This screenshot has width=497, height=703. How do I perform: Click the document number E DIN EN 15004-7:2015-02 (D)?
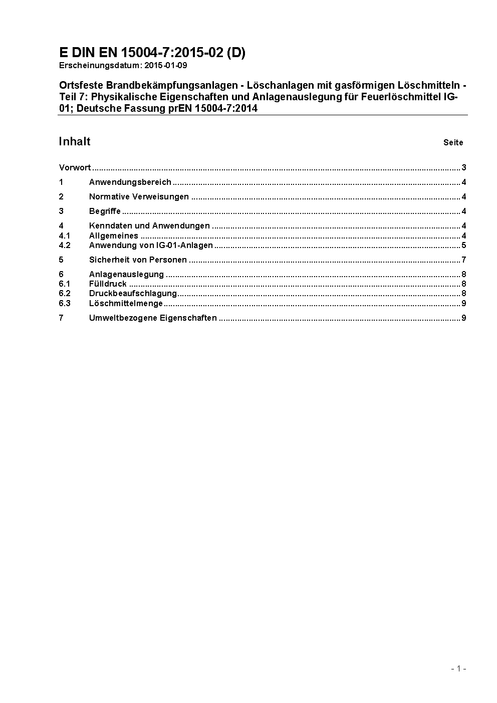(x=152, y=53)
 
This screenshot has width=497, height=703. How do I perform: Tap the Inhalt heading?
(x=75, y=141)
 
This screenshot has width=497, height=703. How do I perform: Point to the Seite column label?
(x=453, y=143)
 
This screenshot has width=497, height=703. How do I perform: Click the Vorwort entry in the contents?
(x=75, y=167)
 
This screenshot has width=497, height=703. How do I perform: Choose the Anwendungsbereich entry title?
(x=130, y=182)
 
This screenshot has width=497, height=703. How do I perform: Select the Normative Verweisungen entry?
(x=139, y=196)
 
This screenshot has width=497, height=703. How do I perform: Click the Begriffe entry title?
(x=105, y=211)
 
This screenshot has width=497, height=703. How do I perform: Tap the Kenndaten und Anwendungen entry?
(x=149, y=225)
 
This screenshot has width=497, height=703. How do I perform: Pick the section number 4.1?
(x=65, y=236)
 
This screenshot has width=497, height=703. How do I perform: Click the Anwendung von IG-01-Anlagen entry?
(x=151, y=245)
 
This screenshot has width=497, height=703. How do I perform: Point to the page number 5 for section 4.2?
(x=464, y=245)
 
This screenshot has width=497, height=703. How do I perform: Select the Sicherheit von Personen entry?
(x=138, y=260)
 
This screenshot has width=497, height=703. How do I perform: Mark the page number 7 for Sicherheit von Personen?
(x=464, y=260)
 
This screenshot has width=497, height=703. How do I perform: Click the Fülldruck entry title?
(x=108, y=284)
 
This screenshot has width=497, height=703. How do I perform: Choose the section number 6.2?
(x=65, y=293)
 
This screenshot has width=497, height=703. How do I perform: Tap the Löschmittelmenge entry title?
(x=126, y=303)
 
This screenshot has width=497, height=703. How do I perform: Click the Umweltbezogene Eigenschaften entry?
(x=153, y=318)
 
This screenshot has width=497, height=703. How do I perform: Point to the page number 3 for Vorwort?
(x=464, y=167)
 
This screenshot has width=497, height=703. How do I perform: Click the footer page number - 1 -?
(x=458, y=668)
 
